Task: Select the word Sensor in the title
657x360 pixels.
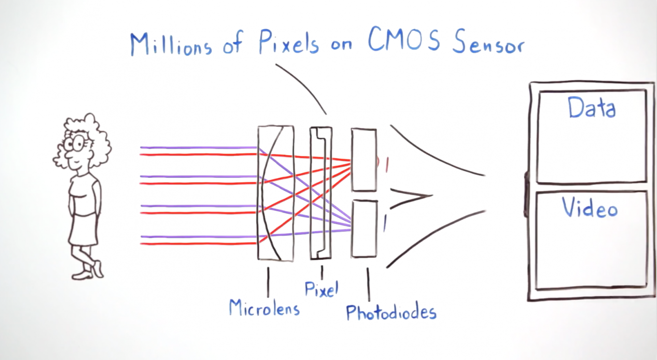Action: click(x=488, y=43)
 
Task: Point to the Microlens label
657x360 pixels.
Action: click(x=264, y=307)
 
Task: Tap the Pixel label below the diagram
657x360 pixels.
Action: click(x=321, y=288)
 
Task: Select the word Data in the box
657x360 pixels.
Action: click(x=591, y=108)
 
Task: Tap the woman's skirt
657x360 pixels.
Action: click(x=83, y=230)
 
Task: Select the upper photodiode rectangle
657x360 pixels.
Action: click(x=364, y=159)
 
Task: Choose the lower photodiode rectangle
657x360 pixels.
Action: click(x=364, y=229)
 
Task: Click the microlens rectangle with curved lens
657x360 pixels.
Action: click(x=275, y=193)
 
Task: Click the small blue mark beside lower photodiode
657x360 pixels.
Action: click(x=385, y=223)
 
